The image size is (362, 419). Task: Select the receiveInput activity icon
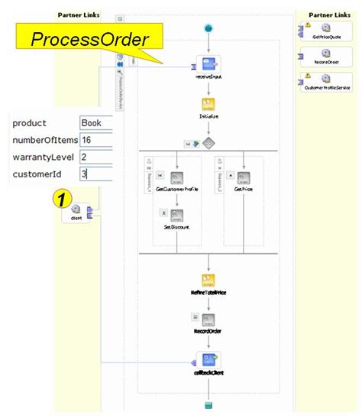[x=208, y=64]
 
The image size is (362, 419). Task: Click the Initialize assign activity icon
[x=209, y=106]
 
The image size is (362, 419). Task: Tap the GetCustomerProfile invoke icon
[x=176, y=178]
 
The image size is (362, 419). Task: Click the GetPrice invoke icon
[x=244, y=178]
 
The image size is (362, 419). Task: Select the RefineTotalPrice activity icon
[x=209, y=281]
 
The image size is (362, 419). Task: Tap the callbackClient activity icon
[x=208, y=359]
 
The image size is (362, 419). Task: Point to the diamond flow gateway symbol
[x=208, y=142]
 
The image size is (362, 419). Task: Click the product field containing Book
[x=95, y=123]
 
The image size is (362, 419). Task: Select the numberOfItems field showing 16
[x=95, y=141]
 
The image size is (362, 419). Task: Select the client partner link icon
[x=76, y=212]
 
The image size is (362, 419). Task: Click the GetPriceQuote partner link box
[x=326, y=33]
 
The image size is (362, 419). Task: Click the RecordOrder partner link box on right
[x=326, y=58]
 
